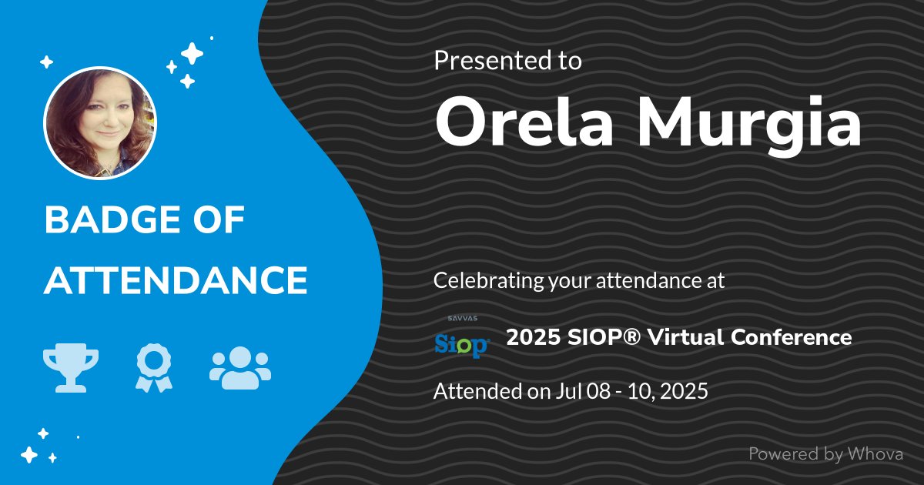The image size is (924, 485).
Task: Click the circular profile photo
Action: tap(100, 123)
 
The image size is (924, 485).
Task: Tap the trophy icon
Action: tap(71, 367)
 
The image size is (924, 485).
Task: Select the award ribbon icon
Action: tap(153, 367)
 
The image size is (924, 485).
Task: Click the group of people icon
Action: tap(239, 366)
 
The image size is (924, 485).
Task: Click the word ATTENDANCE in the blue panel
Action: tap(176, 281)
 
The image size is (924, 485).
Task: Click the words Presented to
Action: tap(507, 60)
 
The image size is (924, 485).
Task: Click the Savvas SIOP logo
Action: tap(461, 339)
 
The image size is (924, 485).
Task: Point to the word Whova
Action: tap(875, 454)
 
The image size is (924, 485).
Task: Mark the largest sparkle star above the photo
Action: tap(192, 53)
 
